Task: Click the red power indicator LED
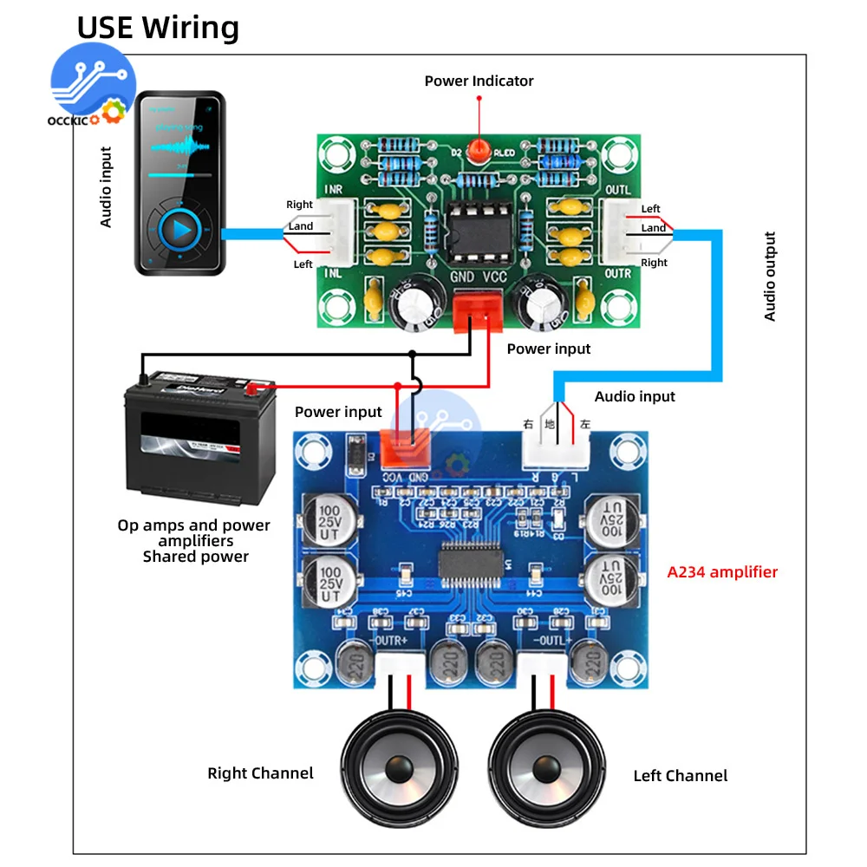[478, 150]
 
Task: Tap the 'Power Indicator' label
[479, 81]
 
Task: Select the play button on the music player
[180, 230]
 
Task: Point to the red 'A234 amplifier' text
[722, 572]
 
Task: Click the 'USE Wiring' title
[158, 28]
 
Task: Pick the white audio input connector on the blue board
[556, 447]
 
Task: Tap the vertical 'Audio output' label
[770, 277]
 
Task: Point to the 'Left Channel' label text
[681, 776]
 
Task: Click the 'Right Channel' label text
[260, 773]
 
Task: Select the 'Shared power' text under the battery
[195, 557]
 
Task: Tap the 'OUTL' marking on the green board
[618, 190]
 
